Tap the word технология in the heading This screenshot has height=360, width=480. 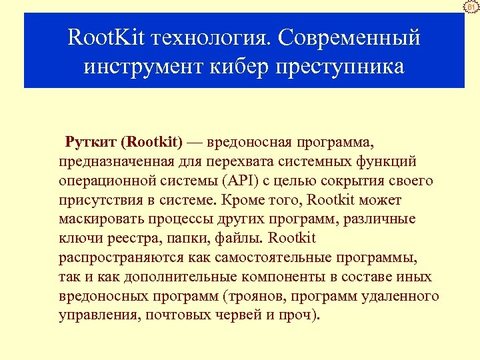(x=211, y=39)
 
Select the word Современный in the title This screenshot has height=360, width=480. (x=349, y=38)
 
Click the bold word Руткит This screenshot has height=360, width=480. (x=91, y=142)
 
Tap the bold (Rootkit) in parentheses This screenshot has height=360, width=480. (x=153, y=142)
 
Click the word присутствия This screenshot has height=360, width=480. (x=99, y=200)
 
